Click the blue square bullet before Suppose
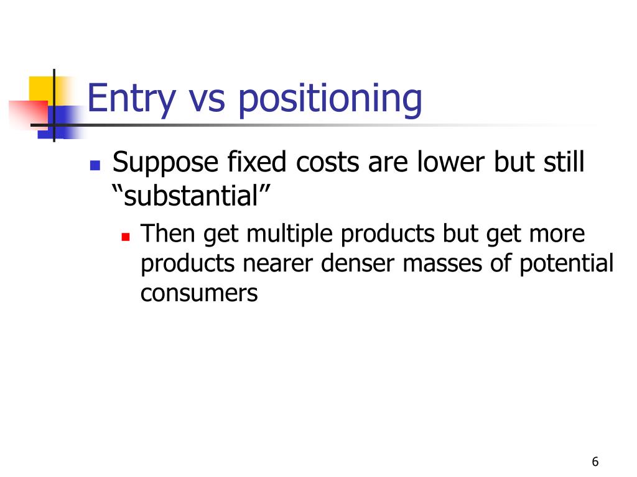point(95,165)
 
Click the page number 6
point(595,461)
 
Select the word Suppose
point(165,164)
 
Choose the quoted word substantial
point(192,198)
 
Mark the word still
point(564,163)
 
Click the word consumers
point(199,293)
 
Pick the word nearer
point(279,263)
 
